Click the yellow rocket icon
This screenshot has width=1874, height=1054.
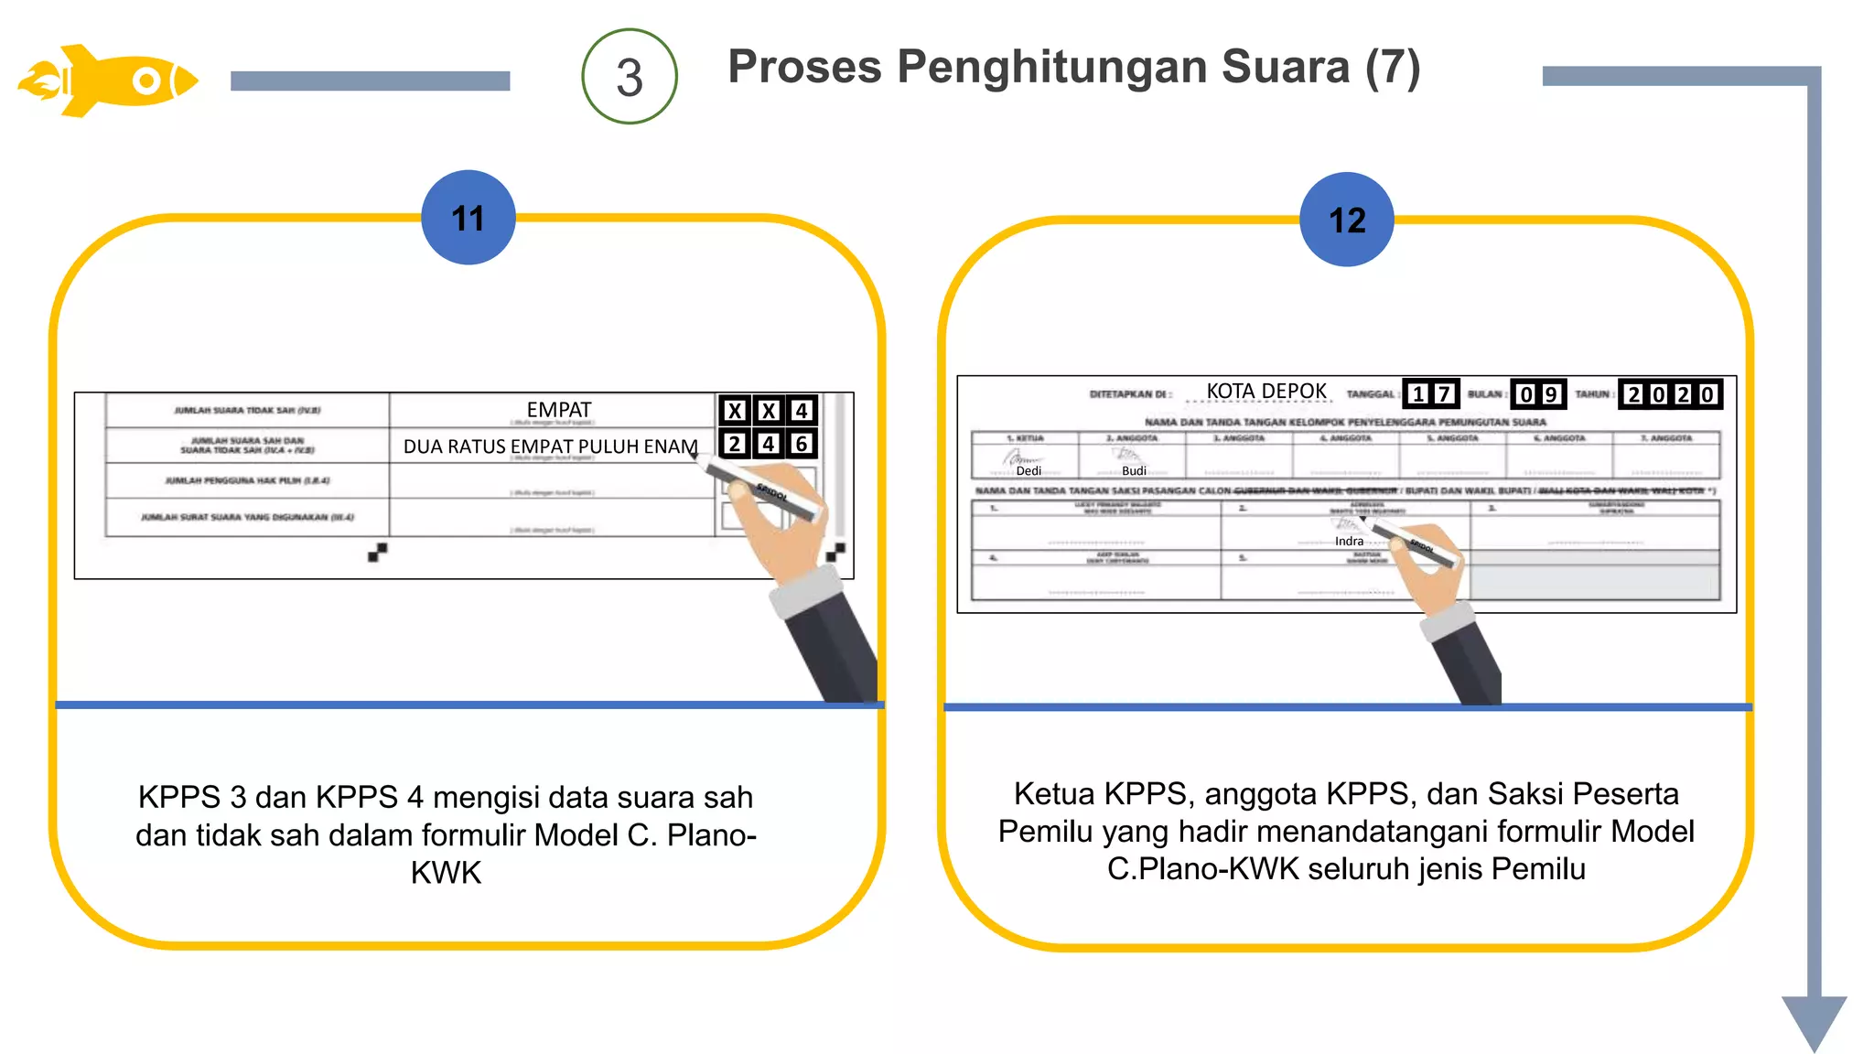click(x=108, y=81)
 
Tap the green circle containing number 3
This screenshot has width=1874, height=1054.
click(x=630, y=77)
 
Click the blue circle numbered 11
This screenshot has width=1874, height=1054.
click(x=468, y=218)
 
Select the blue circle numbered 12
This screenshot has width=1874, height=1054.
click(x=1347, y=220)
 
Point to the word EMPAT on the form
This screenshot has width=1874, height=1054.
click(x=559, y=410)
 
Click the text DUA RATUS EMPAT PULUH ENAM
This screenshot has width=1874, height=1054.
click(x=551, y=446)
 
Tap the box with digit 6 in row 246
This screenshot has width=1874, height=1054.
click(x=802, y=445)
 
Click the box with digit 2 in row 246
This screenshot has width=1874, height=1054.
click(x=734, y=445)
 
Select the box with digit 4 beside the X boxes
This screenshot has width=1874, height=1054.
click(x=802, y=411)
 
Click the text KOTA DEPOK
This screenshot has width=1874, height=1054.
click(x=1266, y=392)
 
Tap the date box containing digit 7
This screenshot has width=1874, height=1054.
click(x=1444, y=394)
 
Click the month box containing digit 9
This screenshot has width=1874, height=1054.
click(x=1551, y=394)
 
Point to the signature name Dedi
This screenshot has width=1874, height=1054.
click(x=1029, y=471)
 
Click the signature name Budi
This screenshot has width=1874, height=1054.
click(x=1134, y=471)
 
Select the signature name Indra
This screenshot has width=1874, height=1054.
click(x=1349, y=542)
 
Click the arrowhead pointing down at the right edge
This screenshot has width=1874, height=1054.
click(x=1814, y=1021)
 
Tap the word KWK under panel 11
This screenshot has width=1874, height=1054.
click(x=446, y=873)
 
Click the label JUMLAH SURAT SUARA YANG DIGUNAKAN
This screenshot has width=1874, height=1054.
click(x=247, y=518)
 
